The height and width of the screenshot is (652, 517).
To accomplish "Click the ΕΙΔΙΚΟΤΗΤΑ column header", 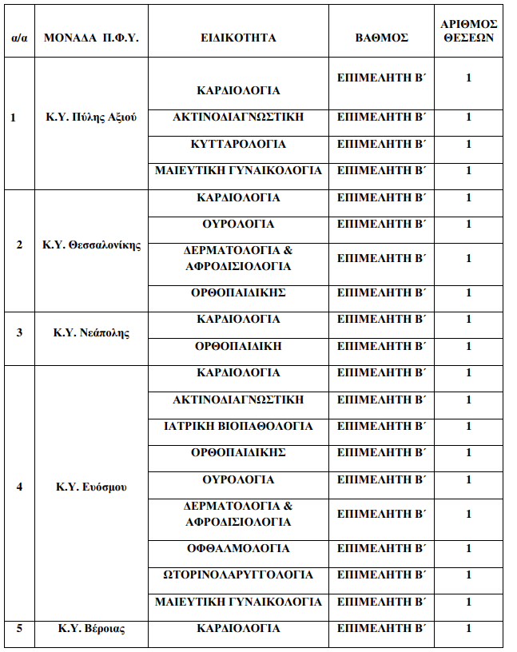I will (x=238, y=38).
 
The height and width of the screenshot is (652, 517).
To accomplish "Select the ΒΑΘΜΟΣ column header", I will (x=381, y=38).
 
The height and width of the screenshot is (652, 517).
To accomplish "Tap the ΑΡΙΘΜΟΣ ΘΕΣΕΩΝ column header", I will (x=469, y=31).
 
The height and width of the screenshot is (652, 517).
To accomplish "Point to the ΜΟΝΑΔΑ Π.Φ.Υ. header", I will (x=91, y=38).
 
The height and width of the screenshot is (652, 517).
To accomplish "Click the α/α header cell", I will (x=20, y=38).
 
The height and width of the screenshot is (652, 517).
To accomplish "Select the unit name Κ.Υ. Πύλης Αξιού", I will (x=91, y=117).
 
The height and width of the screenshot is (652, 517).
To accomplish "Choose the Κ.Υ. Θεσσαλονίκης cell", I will (x=91, y=245).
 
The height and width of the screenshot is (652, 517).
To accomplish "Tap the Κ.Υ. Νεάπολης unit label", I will (x=91, y=332).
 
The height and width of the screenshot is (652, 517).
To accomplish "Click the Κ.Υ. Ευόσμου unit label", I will (x=91, y=487).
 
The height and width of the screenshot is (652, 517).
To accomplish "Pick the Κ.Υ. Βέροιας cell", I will (x=91, y=628).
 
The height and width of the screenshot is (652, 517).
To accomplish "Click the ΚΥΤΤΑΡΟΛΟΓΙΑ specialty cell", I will (x=238, y=144).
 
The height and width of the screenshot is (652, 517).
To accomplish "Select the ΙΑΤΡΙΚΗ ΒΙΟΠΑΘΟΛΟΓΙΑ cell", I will (x=238, y=426).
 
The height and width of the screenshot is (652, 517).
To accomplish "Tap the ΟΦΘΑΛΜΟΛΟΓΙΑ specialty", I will (x=238, y=548).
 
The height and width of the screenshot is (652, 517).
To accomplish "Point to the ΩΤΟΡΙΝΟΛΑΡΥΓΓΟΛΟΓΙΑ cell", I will (x=238, y=574).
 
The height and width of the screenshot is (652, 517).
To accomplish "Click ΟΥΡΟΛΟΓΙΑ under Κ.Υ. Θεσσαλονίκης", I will (x=238, y=224).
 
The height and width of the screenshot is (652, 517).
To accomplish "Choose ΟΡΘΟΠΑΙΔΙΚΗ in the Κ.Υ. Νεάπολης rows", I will (x=238, y=346).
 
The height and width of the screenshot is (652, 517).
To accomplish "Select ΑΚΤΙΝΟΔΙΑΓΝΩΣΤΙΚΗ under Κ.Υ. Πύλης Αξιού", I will (x=238, y=117).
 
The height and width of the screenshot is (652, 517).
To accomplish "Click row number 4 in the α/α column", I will (x=20, y=487).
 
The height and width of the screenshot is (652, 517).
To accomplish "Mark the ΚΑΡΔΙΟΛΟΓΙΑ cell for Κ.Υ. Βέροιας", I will (x=238, y=628).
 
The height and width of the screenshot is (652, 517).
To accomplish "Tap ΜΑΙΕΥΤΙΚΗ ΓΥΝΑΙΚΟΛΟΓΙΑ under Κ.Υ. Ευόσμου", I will (x=238, y=601).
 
